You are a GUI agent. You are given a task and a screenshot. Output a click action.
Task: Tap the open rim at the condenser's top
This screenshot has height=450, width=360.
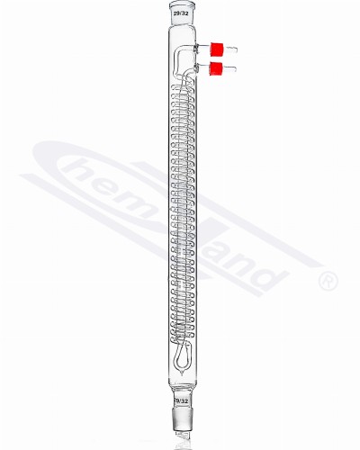[x=180, y=8]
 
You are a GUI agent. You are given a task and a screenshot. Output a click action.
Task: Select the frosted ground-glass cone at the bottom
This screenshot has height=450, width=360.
[x=180, y=418]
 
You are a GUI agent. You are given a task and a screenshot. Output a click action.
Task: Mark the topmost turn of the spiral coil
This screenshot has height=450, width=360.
[x=180, y=88]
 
